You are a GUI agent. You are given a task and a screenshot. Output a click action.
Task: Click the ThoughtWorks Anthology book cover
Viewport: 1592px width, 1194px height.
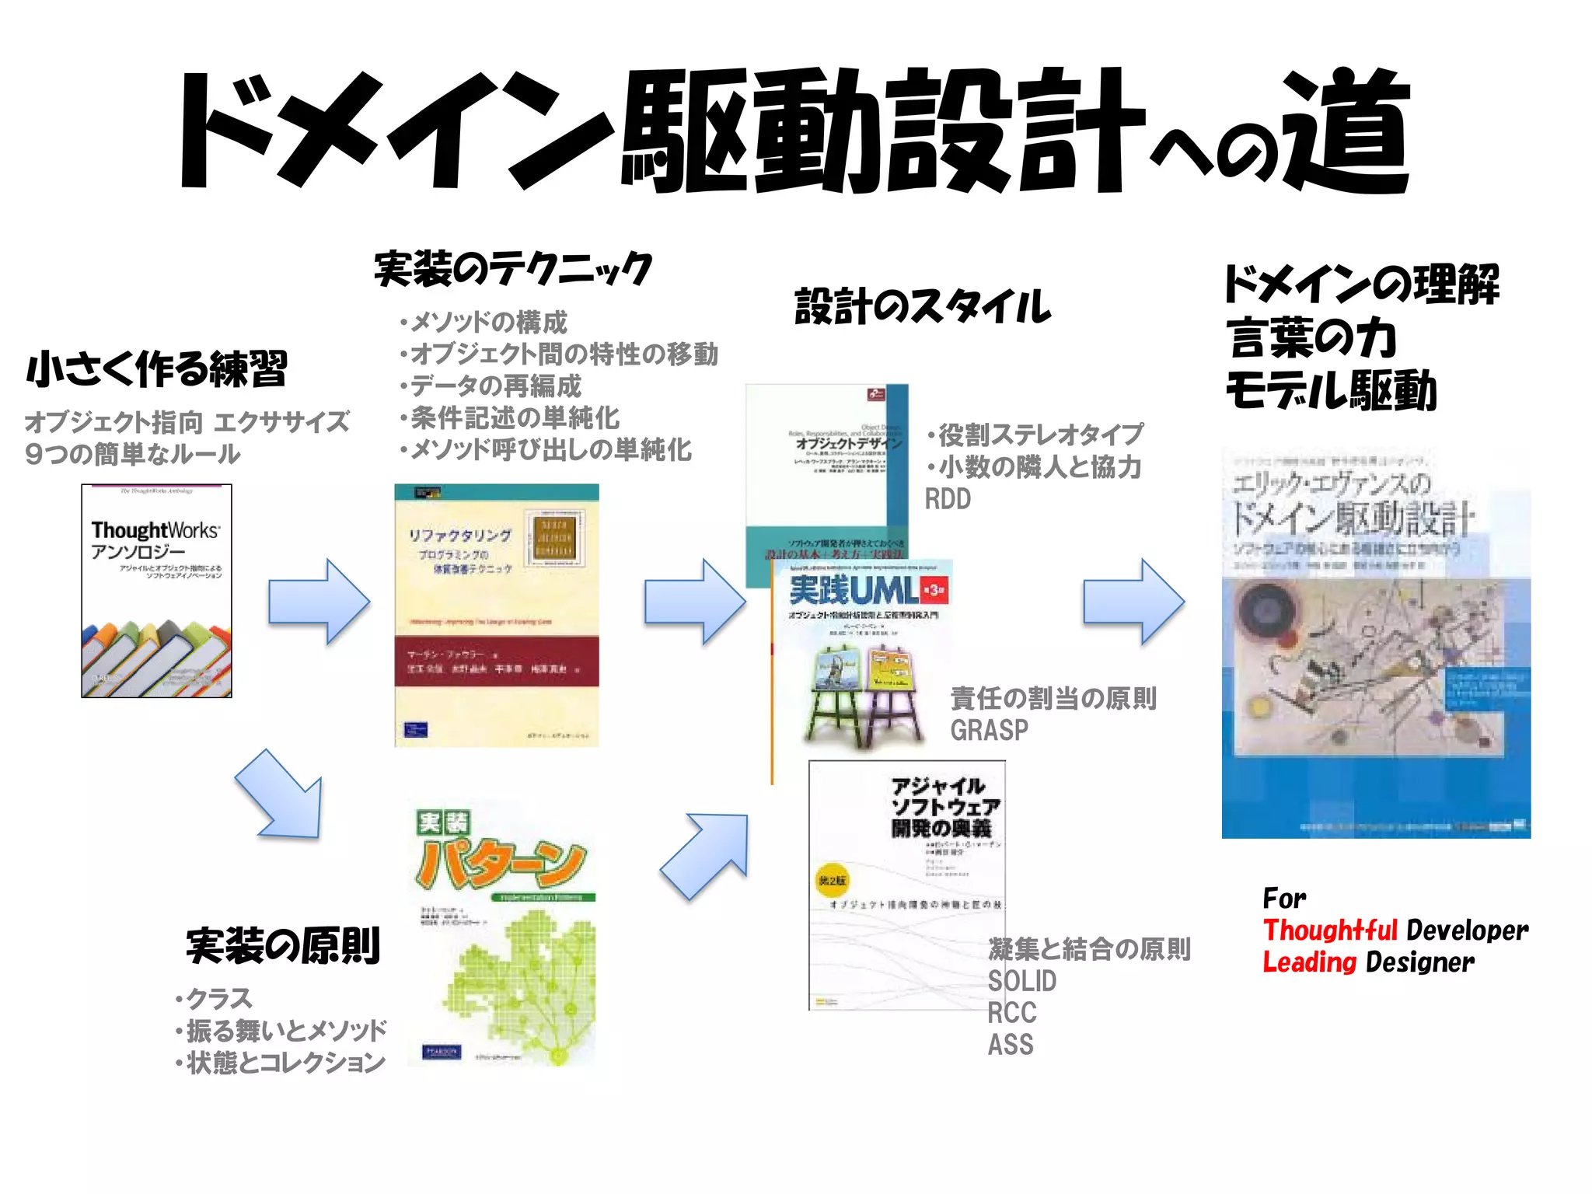click(x=156, y=591)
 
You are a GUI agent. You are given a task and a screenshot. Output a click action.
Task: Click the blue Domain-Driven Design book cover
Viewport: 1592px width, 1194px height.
click(x=1375, y=645)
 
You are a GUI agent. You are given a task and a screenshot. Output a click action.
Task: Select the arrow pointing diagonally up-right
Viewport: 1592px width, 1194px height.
click(x=706, y=855)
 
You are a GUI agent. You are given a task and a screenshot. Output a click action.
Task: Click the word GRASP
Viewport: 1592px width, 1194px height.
click(x=989, y=731)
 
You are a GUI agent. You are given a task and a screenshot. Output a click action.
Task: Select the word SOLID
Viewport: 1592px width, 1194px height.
click(x=1021, y=981)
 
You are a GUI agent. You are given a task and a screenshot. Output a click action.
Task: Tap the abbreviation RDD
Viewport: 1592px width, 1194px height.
click(x=948, y=499)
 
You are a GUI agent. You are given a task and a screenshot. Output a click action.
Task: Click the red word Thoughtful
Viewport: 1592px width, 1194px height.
click(x=1330, y=930)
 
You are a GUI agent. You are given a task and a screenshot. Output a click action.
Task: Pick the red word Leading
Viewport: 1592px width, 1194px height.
click(x=1309, y=962)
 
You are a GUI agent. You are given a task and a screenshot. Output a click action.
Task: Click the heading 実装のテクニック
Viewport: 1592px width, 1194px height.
click(x=513, y=269)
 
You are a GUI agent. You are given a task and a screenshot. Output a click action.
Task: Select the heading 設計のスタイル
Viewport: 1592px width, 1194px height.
click(x=923, y=305)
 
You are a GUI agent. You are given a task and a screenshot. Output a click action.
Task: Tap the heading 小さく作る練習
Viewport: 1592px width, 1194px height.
click(x=157, y=368)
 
